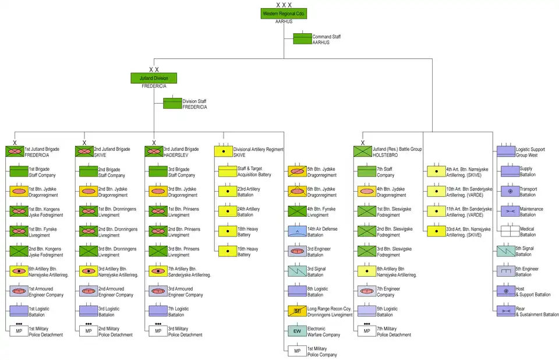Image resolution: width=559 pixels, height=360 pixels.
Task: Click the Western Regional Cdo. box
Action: [x=284, y=13]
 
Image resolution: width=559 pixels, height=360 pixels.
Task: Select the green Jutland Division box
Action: [x=154, y=78]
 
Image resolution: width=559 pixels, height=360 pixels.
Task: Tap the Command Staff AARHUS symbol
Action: [x=302, y=39]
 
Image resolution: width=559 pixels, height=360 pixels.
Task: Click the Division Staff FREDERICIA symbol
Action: [x=172, y=104]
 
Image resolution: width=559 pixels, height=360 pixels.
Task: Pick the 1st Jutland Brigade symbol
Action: [x=15, y=151]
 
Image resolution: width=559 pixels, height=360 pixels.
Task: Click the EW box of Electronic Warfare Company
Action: [x=297, y=331]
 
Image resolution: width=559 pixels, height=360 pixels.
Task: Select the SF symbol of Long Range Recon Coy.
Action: [x=297, y=311]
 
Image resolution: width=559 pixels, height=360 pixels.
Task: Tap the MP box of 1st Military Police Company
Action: [x=297, y=351]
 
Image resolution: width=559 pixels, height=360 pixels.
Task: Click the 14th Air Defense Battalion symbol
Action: [x=297, y=231]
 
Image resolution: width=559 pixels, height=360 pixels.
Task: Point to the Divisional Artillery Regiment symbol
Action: [x=223, y=151]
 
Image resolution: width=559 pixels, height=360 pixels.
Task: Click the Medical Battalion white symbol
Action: [x=506, y=231]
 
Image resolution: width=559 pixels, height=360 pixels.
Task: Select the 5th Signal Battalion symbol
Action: [x=506, y=251]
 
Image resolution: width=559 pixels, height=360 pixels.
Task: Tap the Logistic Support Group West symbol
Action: [x=505, y=151]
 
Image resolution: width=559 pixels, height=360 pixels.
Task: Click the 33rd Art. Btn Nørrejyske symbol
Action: [x=436, y=231]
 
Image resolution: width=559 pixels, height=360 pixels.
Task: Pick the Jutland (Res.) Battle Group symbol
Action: [x=363, y=151]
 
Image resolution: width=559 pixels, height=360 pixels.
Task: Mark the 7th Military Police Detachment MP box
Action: [x=367, y=331]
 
